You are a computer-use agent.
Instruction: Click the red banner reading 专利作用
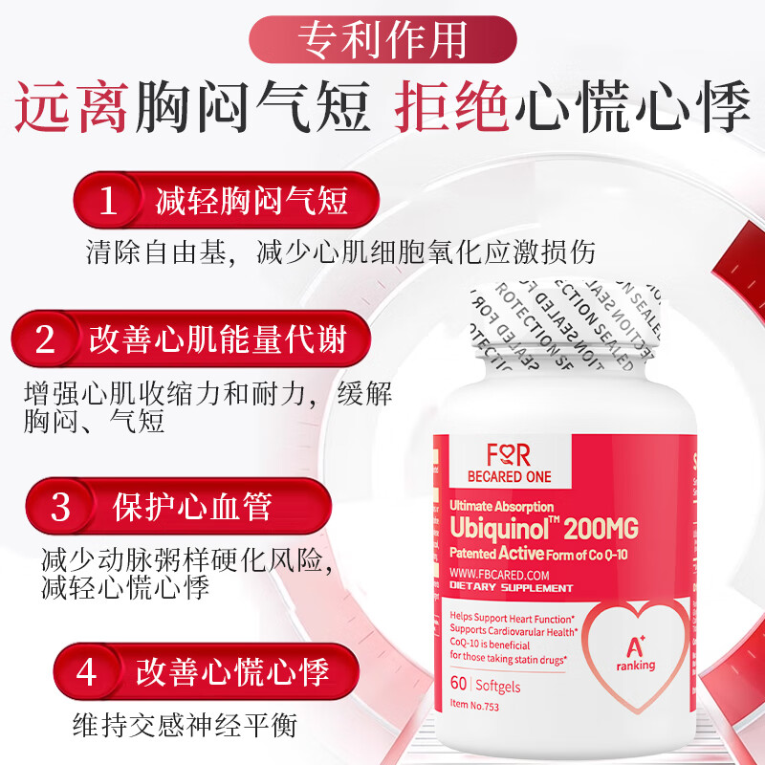click(382, 39)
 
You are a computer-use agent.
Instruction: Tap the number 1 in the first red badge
click(109, 202)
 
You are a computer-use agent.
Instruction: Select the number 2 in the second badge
click(46, 340)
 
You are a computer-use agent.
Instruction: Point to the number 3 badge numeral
click(60, 506)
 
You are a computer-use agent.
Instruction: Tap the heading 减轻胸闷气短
click(251, 202)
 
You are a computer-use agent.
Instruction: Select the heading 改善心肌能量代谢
click(217, 340)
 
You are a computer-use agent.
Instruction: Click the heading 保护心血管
click(191, 506)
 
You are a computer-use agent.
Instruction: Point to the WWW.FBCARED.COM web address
click(499, 574)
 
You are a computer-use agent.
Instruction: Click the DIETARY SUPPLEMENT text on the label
click(512, 588)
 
